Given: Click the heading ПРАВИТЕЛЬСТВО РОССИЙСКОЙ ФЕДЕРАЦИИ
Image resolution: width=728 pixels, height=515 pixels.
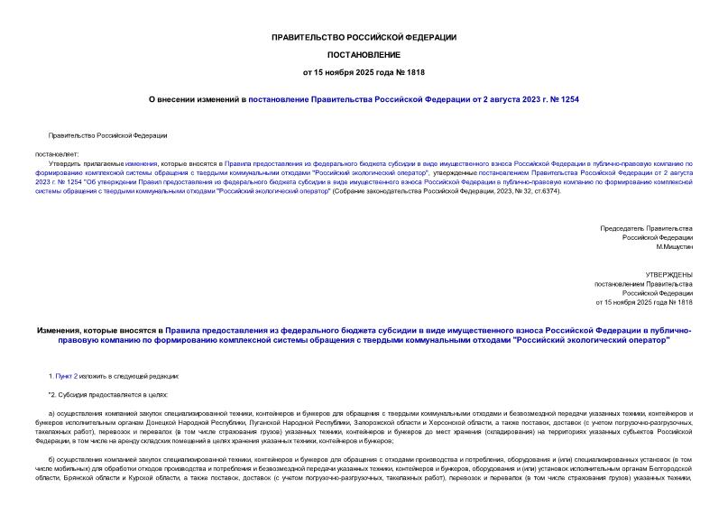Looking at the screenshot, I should click(364, 37).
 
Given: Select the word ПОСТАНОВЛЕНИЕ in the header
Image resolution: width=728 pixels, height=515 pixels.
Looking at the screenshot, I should click(364, 54).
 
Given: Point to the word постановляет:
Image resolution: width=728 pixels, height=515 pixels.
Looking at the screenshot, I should click(57, 154).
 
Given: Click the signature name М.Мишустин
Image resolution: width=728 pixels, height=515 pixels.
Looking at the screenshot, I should click(674, 246).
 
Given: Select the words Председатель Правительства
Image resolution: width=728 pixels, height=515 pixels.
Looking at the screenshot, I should click(646, 228).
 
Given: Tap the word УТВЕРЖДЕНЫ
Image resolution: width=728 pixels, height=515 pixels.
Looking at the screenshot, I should click(668, 273).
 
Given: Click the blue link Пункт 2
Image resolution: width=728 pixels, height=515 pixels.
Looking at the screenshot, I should click(67, 374).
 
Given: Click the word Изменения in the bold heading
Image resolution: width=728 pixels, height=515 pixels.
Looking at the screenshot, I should click(59, 332).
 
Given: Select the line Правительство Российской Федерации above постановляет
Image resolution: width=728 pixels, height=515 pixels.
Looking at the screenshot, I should click(107, 135).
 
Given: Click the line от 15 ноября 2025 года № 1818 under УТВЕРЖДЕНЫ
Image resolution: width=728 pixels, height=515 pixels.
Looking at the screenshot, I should click(644, 302).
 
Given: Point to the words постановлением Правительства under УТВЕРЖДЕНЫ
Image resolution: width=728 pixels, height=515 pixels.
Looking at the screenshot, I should click(643, 283).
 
